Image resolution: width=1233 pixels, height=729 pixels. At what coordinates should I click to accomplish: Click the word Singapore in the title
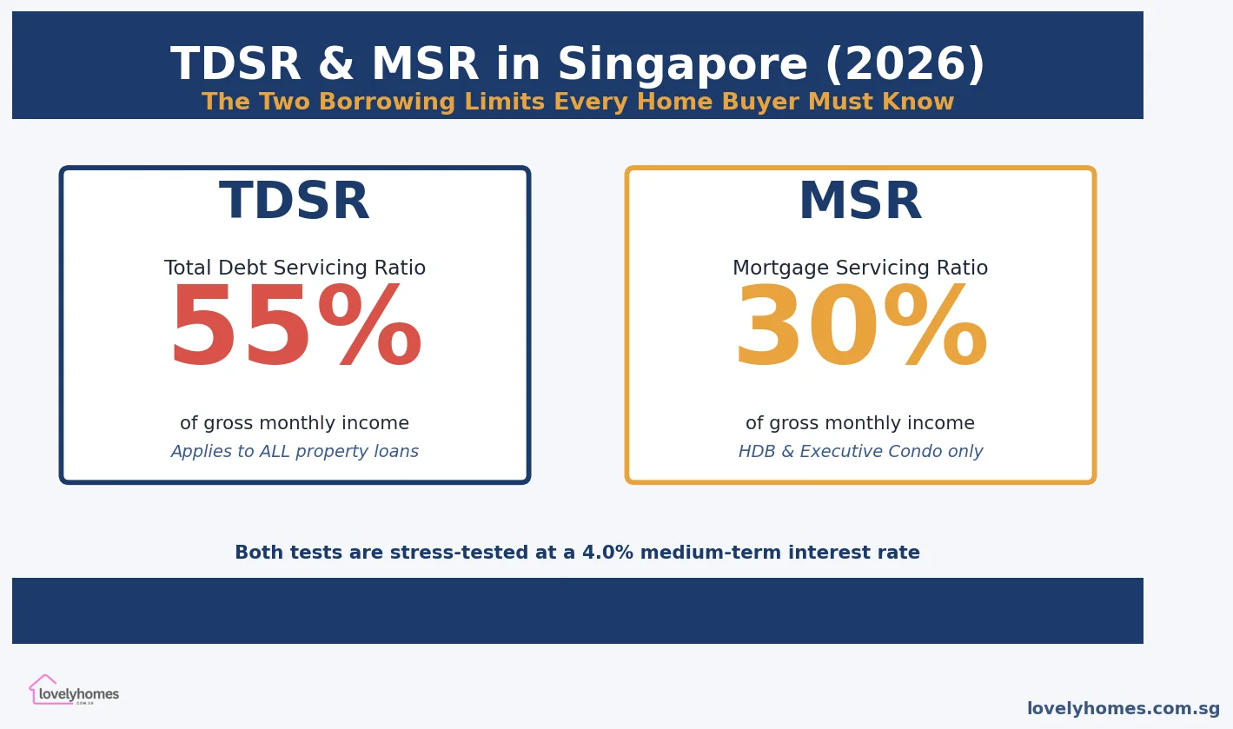(x=682, y=66)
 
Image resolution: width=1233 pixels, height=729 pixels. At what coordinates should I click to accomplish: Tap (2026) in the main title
(x=905, y=66)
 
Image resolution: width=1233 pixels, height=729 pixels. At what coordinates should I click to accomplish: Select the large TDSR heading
(x=295, y=202)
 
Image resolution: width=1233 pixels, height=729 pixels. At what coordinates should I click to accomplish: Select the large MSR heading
(x=860, y=202)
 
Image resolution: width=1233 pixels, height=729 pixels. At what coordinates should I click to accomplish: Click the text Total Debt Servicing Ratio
(x=295, y=268)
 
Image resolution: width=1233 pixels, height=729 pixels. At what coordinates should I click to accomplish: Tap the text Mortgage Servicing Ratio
(x=860, y=268)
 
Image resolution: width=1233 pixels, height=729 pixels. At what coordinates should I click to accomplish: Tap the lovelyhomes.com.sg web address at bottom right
(x=1123, y=709)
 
